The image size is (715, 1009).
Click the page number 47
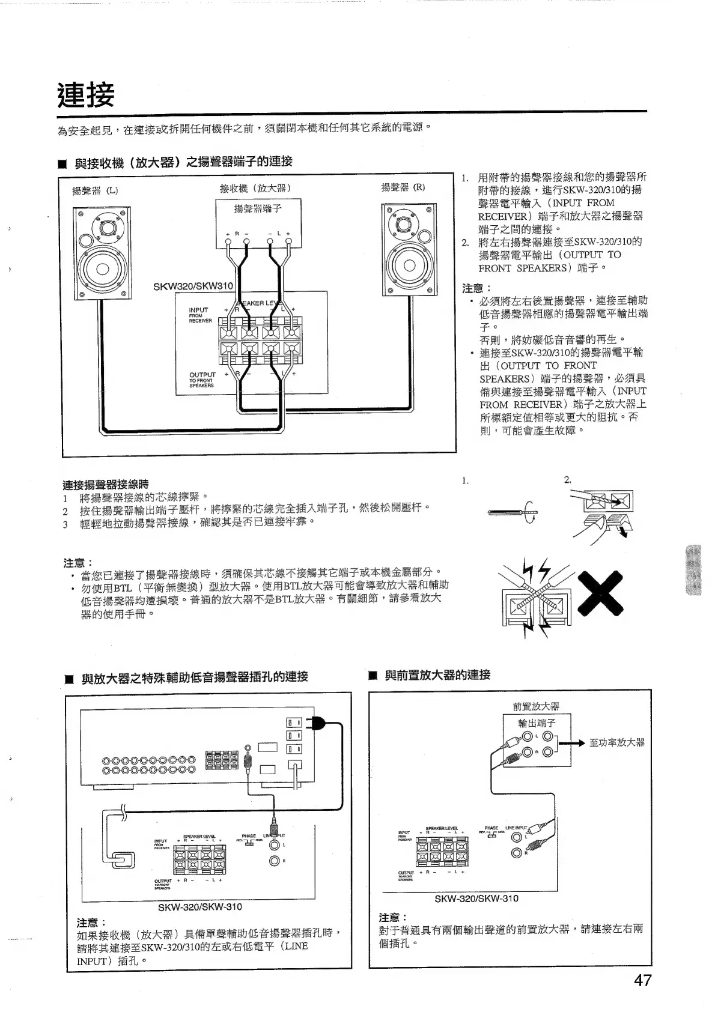(642, 981)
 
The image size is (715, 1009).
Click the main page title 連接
(86, 94)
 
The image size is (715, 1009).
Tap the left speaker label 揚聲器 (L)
(95, 191)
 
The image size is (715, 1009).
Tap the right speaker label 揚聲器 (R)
(403, 187)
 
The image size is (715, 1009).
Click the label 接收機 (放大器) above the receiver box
(255, 188)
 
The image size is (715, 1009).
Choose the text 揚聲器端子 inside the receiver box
(258, 208)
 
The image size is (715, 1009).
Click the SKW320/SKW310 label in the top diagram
(193, 286)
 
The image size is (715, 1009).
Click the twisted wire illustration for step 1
(513, 512)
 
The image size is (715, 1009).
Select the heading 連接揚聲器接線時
(106, 484)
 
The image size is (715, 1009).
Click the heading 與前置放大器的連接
(437, 674)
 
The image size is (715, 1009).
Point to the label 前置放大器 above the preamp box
(536, 706)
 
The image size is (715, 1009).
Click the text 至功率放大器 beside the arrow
(616, 742)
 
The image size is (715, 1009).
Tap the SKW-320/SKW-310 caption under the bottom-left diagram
(199, 906)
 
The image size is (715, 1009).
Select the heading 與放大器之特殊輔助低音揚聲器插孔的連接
(195, 677)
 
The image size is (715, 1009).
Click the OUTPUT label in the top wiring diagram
(202, 374)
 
